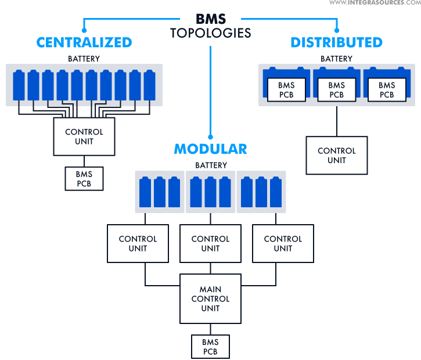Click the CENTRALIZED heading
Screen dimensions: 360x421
tap(84, 42)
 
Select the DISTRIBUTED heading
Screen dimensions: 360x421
tap(336, 42)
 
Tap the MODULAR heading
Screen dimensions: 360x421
tap(210, 149)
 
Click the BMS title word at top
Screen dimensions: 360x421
tap(210, 19)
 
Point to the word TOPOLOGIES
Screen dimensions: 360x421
tap(210, 33)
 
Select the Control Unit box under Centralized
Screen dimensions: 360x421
tap(84, 137)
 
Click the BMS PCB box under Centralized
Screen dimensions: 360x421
tap(84, 178)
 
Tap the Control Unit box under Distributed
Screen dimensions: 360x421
tap(336, 156)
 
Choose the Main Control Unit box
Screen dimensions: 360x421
tap(210, 298)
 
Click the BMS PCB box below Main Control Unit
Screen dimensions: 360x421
tap(210, 347)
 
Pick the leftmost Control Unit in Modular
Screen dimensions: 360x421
tap(138, 243)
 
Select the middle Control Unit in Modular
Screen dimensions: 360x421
tap(210, 243)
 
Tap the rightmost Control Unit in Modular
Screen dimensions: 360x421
tap(283, 243)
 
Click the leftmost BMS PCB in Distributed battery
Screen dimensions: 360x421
tap(286, 90)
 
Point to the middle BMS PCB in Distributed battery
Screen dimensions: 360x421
tap(337, 90)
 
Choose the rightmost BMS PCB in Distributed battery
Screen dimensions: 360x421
tap(387, 90)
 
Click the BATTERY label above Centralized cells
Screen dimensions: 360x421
tap(84, 59)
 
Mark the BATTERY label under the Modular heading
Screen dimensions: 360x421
tap(211, 165)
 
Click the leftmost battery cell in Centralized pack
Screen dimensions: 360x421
tap(19, 85)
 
